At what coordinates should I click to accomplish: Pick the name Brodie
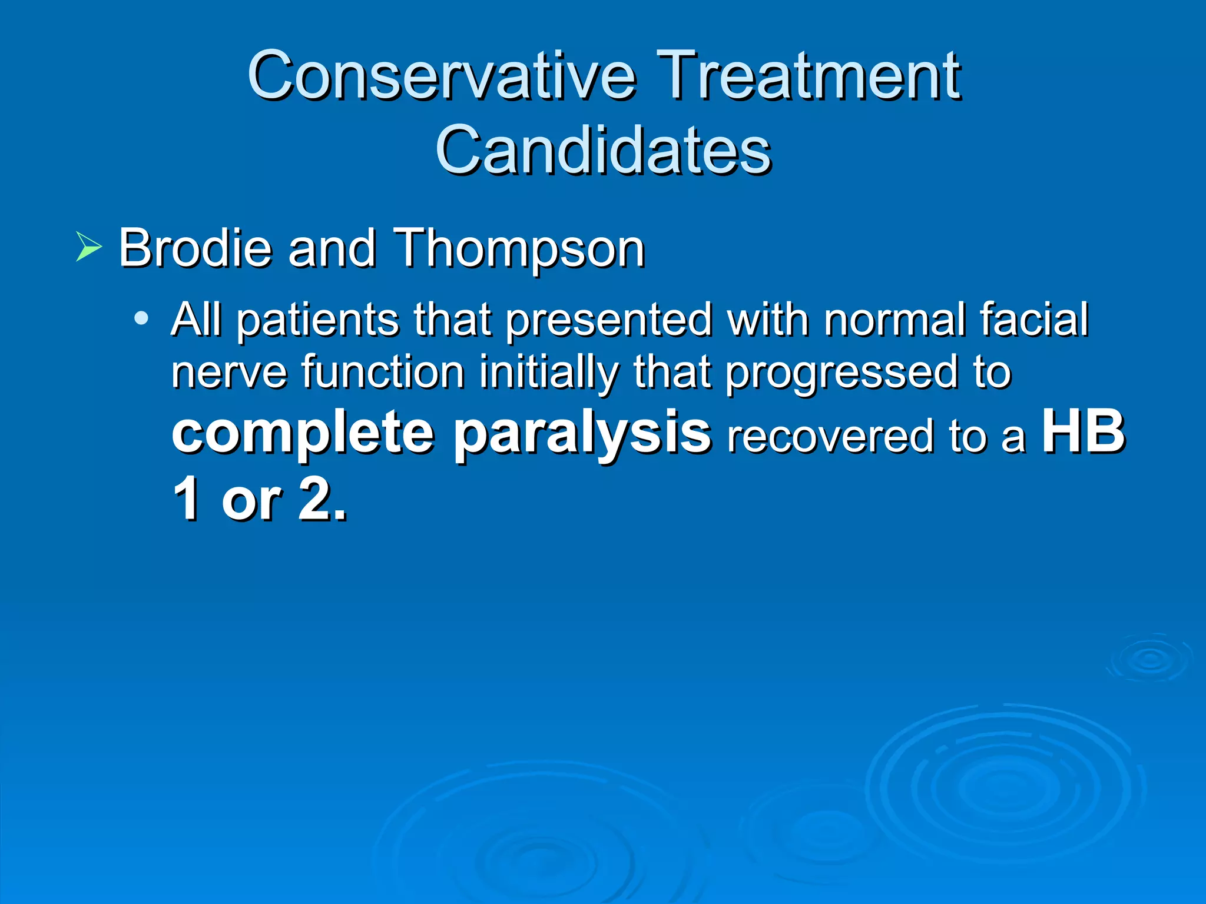click(x=195, y=248)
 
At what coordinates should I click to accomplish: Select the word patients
click(x=317, y=321)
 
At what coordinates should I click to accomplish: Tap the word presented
click(x=609, y=321)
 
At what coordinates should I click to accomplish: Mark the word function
click(x=383, y=372)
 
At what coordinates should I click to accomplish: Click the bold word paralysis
click(x=582, y=434)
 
